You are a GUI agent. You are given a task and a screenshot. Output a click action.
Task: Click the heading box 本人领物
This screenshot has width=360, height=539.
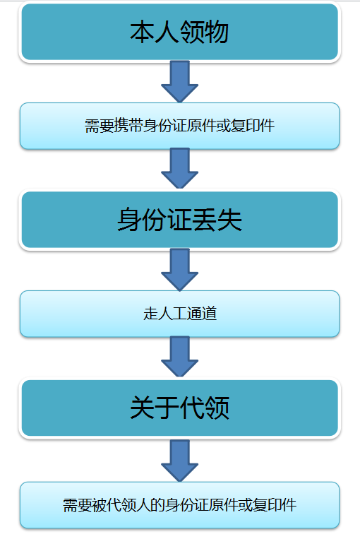[x=179, y=32]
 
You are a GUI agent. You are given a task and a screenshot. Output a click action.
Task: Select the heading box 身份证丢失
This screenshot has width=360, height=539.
[x=179, y=220]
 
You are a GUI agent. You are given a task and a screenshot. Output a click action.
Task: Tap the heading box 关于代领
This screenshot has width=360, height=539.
[x=179, y=408]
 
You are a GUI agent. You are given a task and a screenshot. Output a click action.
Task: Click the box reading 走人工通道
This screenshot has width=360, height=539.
[x=179, y=314]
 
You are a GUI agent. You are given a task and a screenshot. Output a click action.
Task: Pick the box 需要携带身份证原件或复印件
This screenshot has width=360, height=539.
[x=179, y=126]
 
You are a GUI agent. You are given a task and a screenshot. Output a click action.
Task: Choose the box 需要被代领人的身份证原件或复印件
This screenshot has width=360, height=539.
[x=179, y=504]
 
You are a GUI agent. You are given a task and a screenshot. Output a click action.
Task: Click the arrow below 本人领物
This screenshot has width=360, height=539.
[x=179, y=81]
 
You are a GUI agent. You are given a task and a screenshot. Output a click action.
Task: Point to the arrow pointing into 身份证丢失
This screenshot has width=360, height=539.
[x=179, y=168]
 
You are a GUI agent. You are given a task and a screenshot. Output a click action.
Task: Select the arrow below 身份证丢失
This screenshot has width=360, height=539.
[x=179, y=268]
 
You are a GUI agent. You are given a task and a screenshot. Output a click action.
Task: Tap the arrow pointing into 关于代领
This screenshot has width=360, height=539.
[x=179, y=356]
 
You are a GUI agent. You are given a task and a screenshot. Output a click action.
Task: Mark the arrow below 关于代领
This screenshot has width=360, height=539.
[x=179, y=459]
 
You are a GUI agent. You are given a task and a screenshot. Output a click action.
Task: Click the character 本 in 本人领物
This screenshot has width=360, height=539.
[x=142, y=32]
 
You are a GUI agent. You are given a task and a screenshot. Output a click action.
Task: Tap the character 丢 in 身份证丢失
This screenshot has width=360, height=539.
[x=205, y=220]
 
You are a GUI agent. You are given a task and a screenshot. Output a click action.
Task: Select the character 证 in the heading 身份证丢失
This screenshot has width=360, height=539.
[x=179, y=220]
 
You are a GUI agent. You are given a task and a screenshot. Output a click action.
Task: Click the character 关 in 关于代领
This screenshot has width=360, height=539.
[x=142, y=408]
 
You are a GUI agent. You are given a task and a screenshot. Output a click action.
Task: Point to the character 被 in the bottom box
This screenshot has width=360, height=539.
[x=100, y=505]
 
